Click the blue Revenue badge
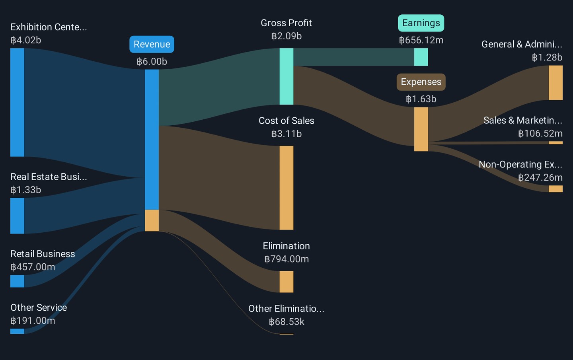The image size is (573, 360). [152, 44]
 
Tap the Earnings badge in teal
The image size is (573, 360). [421, 23]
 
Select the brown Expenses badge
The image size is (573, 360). [421, 82]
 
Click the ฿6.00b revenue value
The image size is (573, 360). [152, 62]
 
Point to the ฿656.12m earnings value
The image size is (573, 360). [421, 40]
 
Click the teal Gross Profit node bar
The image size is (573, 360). [286, 76]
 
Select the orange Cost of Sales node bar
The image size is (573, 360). [286, 188]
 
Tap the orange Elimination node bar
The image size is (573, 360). [286, 282]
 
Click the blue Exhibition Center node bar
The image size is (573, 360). [17, 102]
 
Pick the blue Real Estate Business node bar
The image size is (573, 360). [17, 216]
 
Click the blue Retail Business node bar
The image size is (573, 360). [17, 281]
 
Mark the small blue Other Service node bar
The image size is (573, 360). [17, 331]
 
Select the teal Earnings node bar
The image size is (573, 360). [421, 57]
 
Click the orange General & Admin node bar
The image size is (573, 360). [555, 83]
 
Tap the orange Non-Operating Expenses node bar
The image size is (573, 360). [555, 189]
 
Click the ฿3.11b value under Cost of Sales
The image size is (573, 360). [286, 134]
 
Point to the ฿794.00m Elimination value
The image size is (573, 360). [286, 259]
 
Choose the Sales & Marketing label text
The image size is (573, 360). [522, 120]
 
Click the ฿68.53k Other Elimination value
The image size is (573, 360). [286, 321]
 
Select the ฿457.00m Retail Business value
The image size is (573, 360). [33, 267]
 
